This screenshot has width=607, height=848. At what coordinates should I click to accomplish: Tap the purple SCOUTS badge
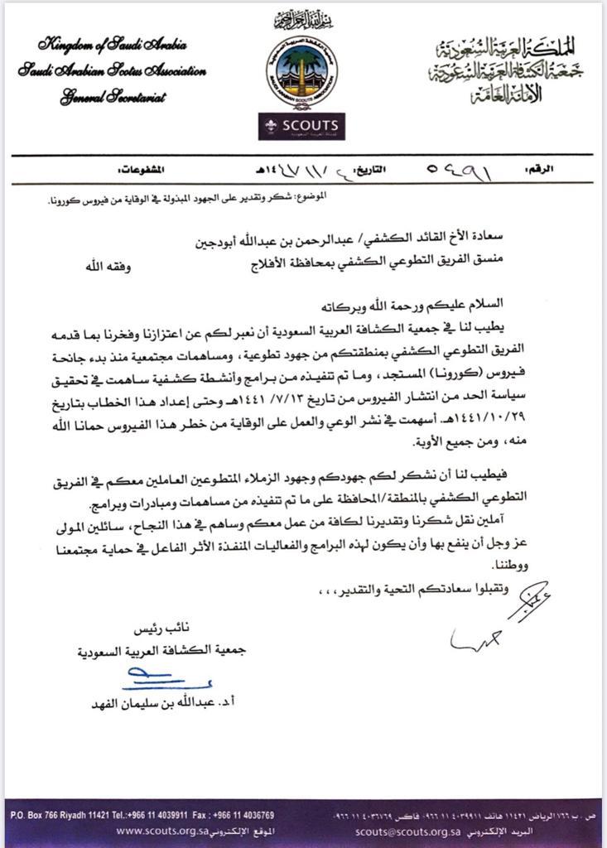pos(301,125)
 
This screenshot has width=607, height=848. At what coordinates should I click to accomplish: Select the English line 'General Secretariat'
pos(113,98)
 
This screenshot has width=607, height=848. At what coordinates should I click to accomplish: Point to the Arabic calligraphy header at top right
pos(508,70)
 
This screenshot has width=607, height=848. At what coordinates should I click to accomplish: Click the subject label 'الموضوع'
pos(310,195)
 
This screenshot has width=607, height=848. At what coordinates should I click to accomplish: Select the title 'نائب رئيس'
pos(158,629)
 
